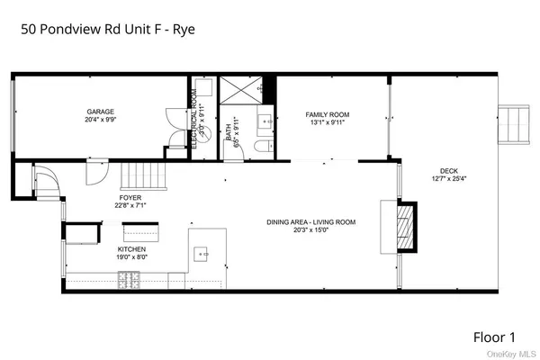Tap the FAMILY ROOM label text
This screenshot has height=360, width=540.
(327, 115)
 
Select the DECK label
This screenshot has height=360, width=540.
(448, 170)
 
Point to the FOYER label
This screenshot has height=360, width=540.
(130, 197)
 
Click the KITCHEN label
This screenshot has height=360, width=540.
(131, 249)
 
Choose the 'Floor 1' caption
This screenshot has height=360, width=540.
(494, 337)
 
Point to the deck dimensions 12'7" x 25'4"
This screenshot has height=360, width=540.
(448, 178)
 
